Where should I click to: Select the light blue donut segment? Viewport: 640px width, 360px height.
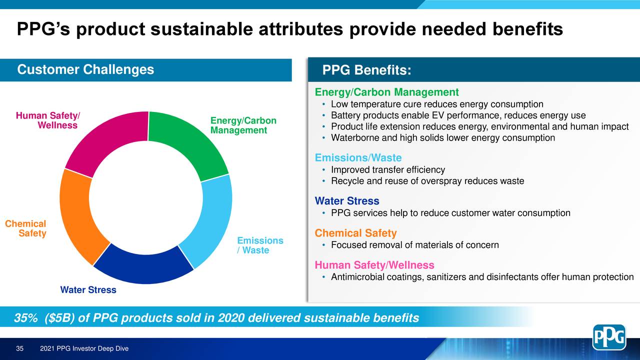tap(210, 220)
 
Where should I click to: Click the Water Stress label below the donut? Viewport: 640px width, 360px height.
tap(88, 290)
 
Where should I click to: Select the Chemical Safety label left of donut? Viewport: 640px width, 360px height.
tap(26, 229)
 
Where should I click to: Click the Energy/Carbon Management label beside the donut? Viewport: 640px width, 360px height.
tap(243, 125)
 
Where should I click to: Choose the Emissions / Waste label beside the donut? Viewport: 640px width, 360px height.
tap(259, 245)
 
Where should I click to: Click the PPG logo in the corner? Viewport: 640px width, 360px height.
tap(609, 337)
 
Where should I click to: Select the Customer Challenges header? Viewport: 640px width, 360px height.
tap(85, 70)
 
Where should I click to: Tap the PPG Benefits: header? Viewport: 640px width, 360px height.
tap(366, 71)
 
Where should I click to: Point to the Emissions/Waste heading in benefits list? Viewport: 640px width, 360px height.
tap(358, 158)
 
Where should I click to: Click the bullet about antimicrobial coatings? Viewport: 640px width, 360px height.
tap(482, 277)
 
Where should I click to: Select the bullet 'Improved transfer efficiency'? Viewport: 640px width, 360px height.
tap(387, 170)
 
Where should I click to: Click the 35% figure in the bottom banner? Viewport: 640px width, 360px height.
tap(25, 318)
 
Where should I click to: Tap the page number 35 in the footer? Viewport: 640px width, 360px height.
tap(20, 348)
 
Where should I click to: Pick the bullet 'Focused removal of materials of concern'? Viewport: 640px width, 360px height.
tap(414, 245)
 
